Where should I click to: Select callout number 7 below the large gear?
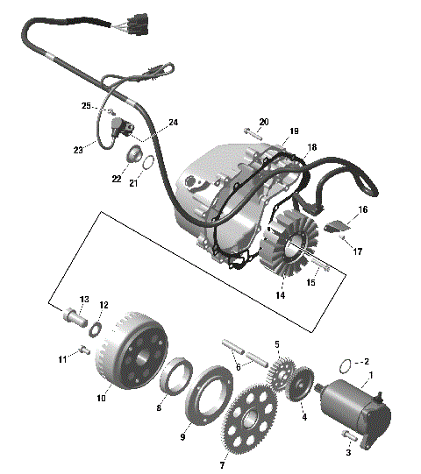point(221,465)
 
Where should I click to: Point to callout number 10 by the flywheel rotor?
point(102,399)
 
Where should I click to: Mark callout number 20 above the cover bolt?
point(264,121)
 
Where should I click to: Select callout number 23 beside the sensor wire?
point(78,150)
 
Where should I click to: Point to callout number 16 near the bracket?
point(363,210)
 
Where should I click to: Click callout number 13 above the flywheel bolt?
point(85,299)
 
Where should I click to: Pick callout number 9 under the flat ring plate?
point(183,436)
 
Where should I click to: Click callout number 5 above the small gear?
point(276,344)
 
